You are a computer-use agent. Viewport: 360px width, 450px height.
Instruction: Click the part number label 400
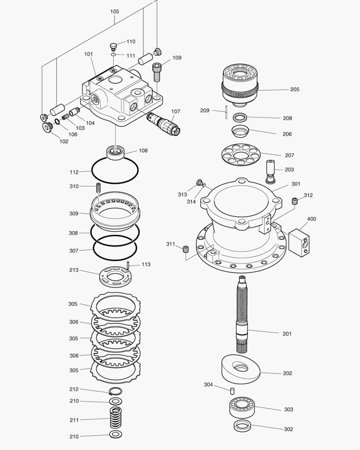[x=311, y=219]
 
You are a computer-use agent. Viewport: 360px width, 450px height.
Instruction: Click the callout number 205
[x=295, y=89]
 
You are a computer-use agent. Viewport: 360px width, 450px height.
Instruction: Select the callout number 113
[x=146, y=265]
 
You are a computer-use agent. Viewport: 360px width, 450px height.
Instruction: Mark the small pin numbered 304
[x=232, y=390]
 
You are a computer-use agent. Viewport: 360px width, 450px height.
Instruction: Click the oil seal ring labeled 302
[x=241, y=426]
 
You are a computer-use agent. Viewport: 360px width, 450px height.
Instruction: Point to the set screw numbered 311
[x=186, y=249]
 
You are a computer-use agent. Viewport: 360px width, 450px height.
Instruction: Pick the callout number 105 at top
[x=115, y=12]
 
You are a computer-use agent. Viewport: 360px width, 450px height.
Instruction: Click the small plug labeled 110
[x=113, y=45]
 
